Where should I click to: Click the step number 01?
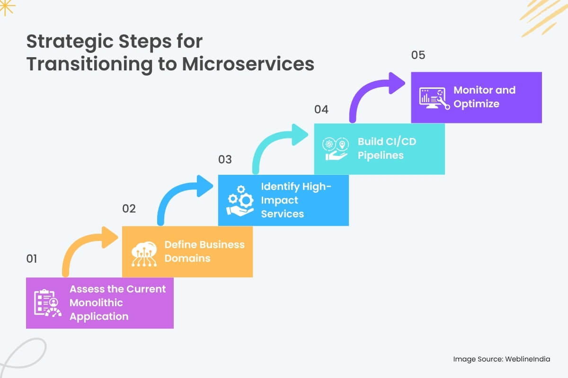[x=31, y=258]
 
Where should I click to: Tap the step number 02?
[x=129, y=208]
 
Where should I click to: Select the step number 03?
[x=225, y=159]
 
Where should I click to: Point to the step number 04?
[x=321, y=109]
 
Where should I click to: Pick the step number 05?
[x=418, y=55]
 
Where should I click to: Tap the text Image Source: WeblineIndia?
[x=502, y=359]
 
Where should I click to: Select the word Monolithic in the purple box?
[x=96, y=302]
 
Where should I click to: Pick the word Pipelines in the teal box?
[x=381, y=155]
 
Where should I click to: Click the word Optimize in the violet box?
[x=476, y=103]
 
